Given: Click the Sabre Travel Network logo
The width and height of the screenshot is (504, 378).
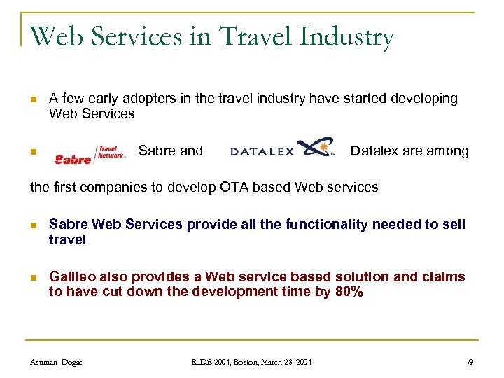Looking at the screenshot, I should point(90,155).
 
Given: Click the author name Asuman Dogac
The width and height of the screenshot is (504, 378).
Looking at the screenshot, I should point(57,361).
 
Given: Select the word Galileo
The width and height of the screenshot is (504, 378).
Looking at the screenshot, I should point(72,277).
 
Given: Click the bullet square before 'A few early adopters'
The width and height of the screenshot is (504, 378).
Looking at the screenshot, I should point(32,99).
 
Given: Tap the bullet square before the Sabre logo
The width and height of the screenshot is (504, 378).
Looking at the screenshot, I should point(32,152).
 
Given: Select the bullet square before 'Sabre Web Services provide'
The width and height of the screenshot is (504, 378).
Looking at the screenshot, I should point(32,225).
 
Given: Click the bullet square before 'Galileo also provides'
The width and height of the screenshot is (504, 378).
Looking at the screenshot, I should point(32,278).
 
